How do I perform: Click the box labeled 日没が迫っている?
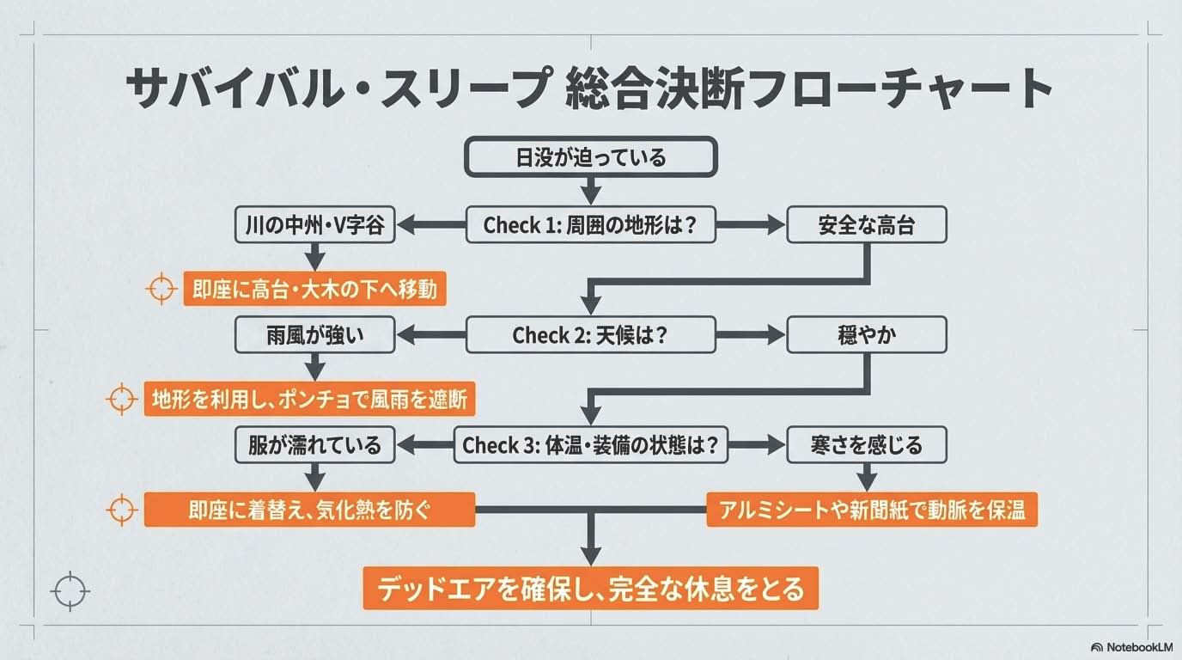590,157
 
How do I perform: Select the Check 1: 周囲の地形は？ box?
590,225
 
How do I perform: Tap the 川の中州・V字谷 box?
314,225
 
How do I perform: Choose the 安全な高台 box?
866,225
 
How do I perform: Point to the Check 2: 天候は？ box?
590,334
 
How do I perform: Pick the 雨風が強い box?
314,334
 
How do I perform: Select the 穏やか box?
866,334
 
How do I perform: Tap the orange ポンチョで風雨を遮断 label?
309,400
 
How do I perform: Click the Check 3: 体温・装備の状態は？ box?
590,444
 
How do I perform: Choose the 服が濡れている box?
314,444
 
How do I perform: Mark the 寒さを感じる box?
866,444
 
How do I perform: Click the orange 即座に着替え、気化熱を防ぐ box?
309,510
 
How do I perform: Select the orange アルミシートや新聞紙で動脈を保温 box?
871,510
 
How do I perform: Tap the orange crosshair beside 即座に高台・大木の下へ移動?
161,290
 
